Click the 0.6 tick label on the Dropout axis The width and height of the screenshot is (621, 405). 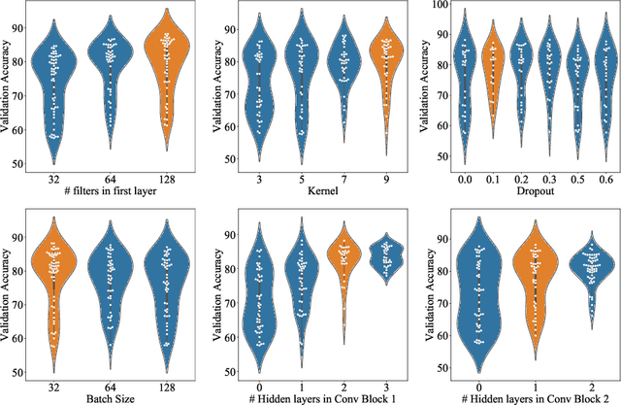pos(606,179)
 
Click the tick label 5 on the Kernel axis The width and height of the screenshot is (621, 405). pos(302,179)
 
